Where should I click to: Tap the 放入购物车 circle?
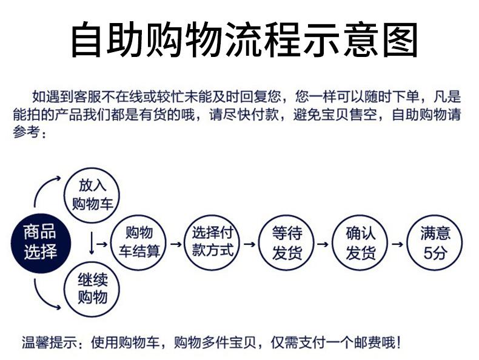point(92,195)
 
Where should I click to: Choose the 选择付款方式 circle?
point(212,242)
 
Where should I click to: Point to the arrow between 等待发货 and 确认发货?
point(323,244)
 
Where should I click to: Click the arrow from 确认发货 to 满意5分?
point(398,244)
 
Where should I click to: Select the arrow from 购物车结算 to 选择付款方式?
point(176,244)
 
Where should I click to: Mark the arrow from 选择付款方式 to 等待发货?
point(249,244)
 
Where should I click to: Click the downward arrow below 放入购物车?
point(92,243)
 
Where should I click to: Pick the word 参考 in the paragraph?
point(27,132)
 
